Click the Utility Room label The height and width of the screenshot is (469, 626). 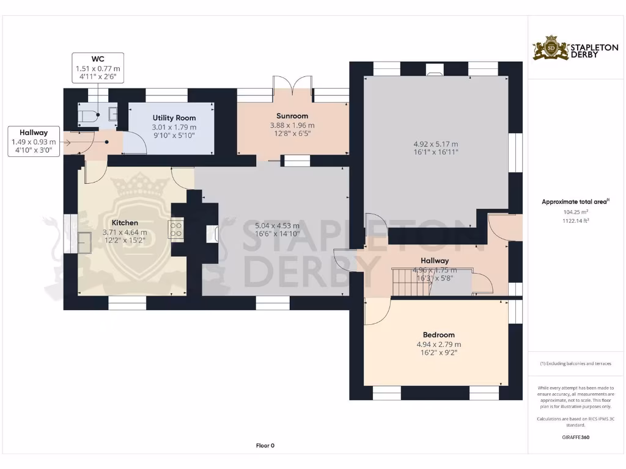(x=174, y=117)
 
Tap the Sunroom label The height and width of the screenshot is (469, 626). (x=292, y=116)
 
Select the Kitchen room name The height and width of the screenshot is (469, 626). (x=125, y=223)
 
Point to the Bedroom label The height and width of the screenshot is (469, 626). (x=438, y=335)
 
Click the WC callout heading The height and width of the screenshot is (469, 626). (x=98, y=59)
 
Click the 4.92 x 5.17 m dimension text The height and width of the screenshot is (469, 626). (x=435, y=144)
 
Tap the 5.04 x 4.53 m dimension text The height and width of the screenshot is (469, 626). (x=277, y=226)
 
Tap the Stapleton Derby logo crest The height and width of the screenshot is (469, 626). (x=550, y=48)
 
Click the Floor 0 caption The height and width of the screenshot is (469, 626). (x=265, y=446)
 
